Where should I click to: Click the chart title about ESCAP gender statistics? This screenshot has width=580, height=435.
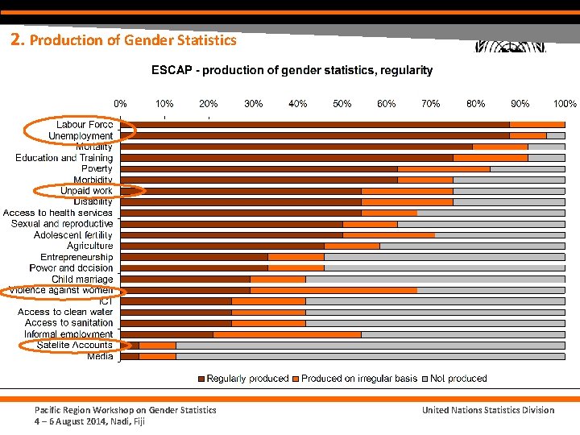point(292,70)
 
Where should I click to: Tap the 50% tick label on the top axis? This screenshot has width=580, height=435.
point(342,104)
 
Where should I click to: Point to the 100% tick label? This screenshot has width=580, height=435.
point(564,104)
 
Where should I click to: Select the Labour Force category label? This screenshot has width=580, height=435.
point(85,125)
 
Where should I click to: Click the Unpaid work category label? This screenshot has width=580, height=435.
point(86,191)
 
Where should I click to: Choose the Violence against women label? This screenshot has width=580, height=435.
point(60,290)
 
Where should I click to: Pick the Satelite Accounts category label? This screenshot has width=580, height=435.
point(74,345)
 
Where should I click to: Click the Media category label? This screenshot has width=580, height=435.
point(100,356)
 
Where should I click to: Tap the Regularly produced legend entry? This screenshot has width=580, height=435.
point(246,379)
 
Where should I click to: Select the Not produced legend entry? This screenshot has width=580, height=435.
point(458,379)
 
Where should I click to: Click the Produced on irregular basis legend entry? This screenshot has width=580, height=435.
point(358,379)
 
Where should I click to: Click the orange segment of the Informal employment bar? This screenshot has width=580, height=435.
point(287,333)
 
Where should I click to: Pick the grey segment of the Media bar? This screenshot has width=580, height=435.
point(371,356)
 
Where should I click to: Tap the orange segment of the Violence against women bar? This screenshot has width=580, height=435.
point(333,290)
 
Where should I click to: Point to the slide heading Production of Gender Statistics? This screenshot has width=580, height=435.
point(124,39)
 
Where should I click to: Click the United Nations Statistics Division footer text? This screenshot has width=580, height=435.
point(488,410)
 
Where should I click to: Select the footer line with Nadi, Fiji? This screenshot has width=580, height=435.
point(89,421)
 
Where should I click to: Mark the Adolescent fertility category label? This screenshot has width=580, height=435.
point(73,234)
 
